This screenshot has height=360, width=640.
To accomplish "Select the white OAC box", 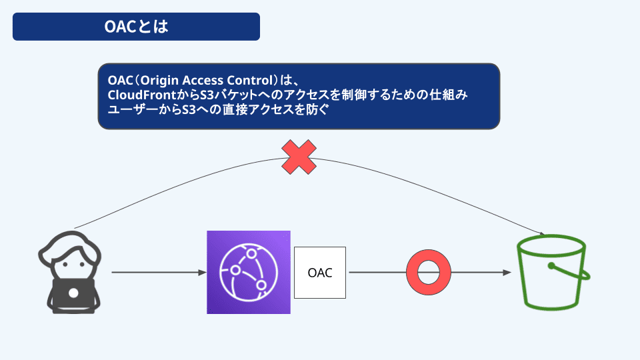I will tap(320, 273).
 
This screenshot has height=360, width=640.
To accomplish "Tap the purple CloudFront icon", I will tap(249, 272).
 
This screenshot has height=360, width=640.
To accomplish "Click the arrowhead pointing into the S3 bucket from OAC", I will tap(507, 273).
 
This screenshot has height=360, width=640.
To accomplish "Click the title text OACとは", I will tap(136, 27).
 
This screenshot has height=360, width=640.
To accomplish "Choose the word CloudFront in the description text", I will tap(142, 95).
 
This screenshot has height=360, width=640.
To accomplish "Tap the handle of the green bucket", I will tap(570, 270).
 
